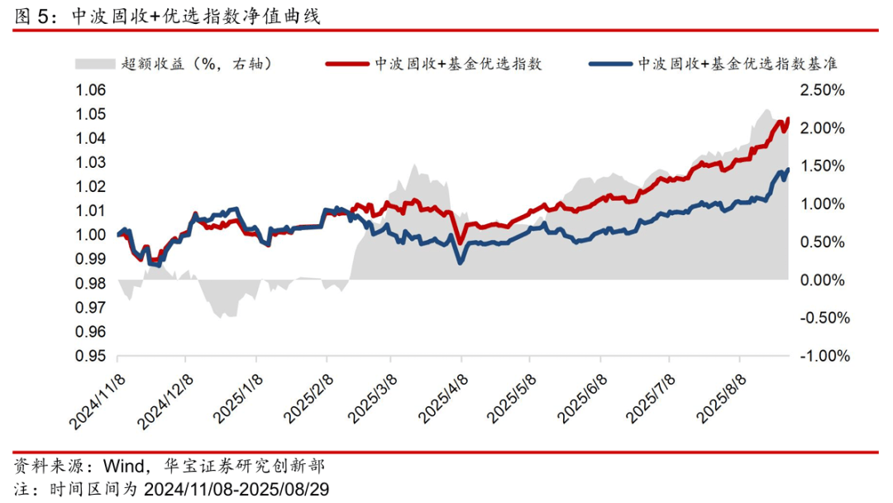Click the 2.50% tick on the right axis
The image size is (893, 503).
pos(822,90)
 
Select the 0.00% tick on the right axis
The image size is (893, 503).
pos(822,280)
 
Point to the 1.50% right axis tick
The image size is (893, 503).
pos(822,166)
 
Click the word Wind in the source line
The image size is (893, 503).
pos(118,465)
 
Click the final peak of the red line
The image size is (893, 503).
pos(787,119)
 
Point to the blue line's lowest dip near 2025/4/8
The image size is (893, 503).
pos(461,261)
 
